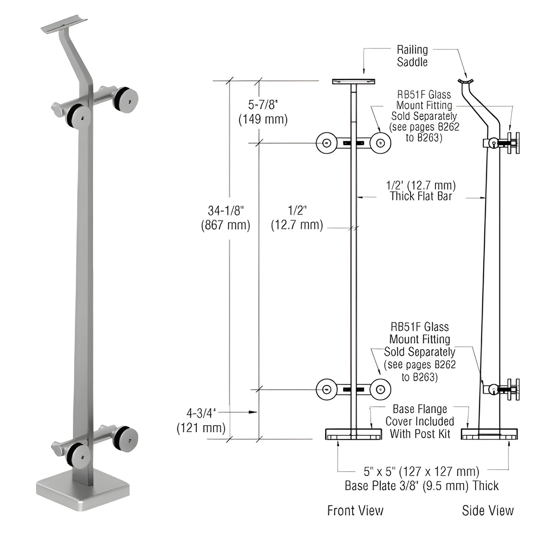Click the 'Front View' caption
pos(355,510)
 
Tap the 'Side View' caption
pos(487,510)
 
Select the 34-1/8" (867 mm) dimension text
pos(225,217)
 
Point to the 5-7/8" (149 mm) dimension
pos(263,112)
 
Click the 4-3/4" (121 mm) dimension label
pos(201,420)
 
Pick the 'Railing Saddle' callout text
pos(412,56)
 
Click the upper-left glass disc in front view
pos(326,143)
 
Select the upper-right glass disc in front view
pos(380,143)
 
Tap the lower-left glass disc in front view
pos(326,390)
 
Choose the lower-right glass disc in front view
pos(380,390)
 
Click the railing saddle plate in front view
pos(353,81)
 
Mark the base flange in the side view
pos(489,434)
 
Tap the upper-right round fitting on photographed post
pos(125,99)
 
